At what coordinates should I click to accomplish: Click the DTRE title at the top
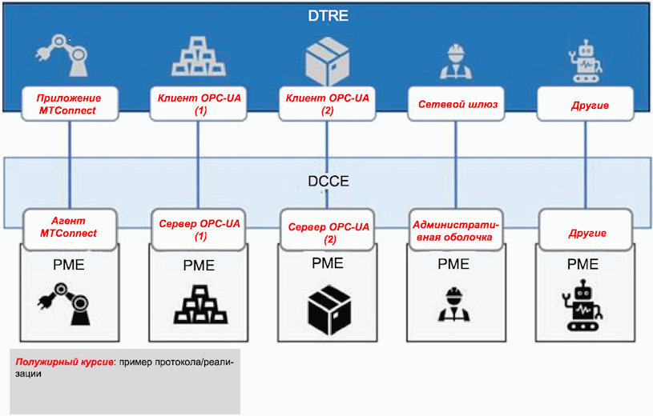(329, 16)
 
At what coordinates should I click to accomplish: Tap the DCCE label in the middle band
(329, 182)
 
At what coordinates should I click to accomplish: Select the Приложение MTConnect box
(70, 104)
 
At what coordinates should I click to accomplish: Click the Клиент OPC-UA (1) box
(198, 104)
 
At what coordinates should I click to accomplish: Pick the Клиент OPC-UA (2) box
(327, 104)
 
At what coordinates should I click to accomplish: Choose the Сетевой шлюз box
(456, 104)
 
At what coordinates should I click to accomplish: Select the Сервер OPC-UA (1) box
(199, 230)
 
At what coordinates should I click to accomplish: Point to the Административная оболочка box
(456, 230)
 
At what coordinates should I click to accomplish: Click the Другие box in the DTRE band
(585, 104)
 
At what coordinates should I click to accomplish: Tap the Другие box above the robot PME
(586, 230)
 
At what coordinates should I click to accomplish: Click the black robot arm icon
(65, 304)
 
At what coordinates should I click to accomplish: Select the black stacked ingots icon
(200, 305)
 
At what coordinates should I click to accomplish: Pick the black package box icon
(329, 310)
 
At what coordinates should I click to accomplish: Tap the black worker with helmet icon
(453, 304)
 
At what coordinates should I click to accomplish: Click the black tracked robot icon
(582, 306)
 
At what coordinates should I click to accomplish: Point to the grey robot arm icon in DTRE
(62, 55)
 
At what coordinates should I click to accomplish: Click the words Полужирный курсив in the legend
(65, 362)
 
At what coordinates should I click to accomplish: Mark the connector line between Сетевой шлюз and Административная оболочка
(456, 165)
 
